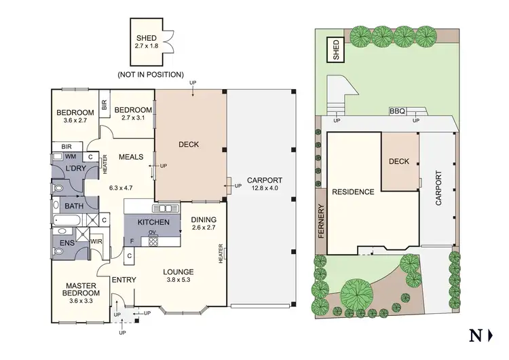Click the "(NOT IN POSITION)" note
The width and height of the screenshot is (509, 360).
pos(151,74)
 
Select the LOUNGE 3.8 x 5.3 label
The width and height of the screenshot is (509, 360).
pos(179,275)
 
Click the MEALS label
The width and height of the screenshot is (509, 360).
pos(130,157)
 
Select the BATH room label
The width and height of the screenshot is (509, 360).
pos(73,206)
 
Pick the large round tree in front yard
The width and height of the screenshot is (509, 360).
pos(358,293)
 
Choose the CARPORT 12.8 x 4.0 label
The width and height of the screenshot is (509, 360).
pos(265,184)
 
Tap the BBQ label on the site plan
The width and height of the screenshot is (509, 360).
pos(396,111)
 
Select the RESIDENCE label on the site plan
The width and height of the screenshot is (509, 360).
pos(353,192)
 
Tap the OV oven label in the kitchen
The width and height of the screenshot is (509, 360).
pos(153,233)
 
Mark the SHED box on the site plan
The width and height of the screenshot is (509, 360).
pos(335,50)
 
